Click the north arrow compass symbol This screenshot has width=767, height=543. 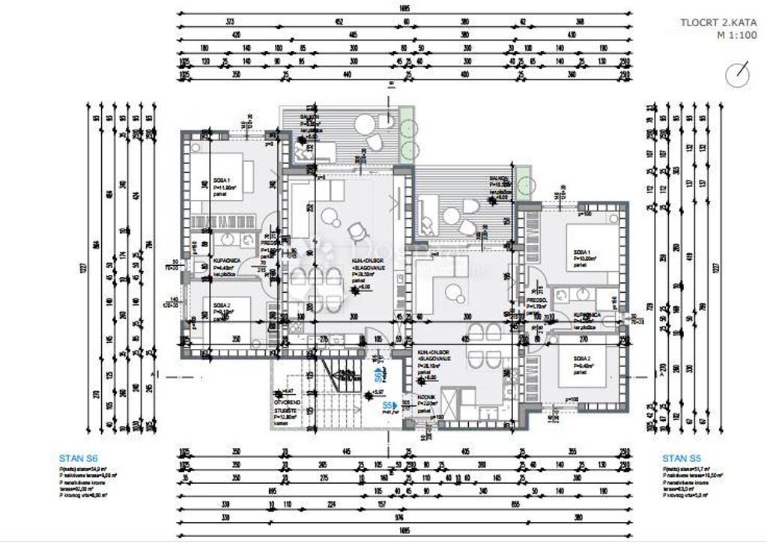[738, 74]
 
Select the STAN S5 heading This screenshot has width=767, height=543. [681, 458]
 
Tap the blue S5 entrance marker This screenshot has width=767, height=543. [389, 405]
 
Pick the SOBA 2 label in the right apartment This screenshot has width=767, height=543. [582, 359]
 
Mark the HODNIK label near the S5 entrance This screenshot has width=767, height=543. [423, 401]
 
